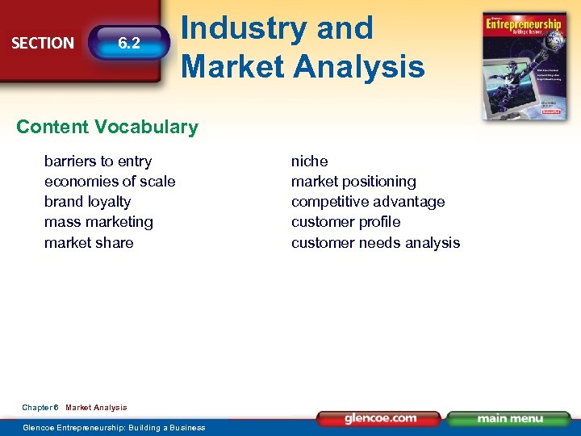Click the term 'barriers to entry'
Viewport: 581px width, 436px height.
tap(98, 161)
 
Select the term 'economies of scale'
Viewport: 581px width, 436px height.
tap(110, 182)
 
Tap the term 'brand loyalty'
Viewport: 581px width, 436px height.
tap(87, 202)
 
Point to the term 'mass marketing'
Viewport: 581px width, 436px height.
tap(98, 222)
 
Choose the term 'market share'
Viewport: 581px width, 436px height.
tap(89, 243)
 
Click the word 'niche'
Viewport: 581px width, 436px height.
tap(309, 161)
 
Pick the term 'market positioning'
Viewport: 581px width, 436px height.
tap(353, 182)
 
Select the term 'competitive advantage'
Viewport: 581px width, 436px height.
tap(368, 202)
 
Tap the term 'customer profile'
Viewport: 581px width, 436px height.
tap(345, 222)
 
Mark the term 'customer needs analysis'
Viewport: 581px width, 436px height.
tap(375, 243)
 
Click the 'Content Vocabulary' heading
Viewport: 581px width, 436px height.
tap(107, 127)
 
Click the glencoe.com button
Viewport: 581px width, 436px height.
tap(379, 418)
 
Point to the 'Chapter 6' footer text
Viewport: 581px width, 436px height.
tap(40, 408)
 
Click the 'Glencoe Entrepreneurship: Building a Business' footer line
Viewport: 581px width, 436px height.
tap(114, 427)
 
